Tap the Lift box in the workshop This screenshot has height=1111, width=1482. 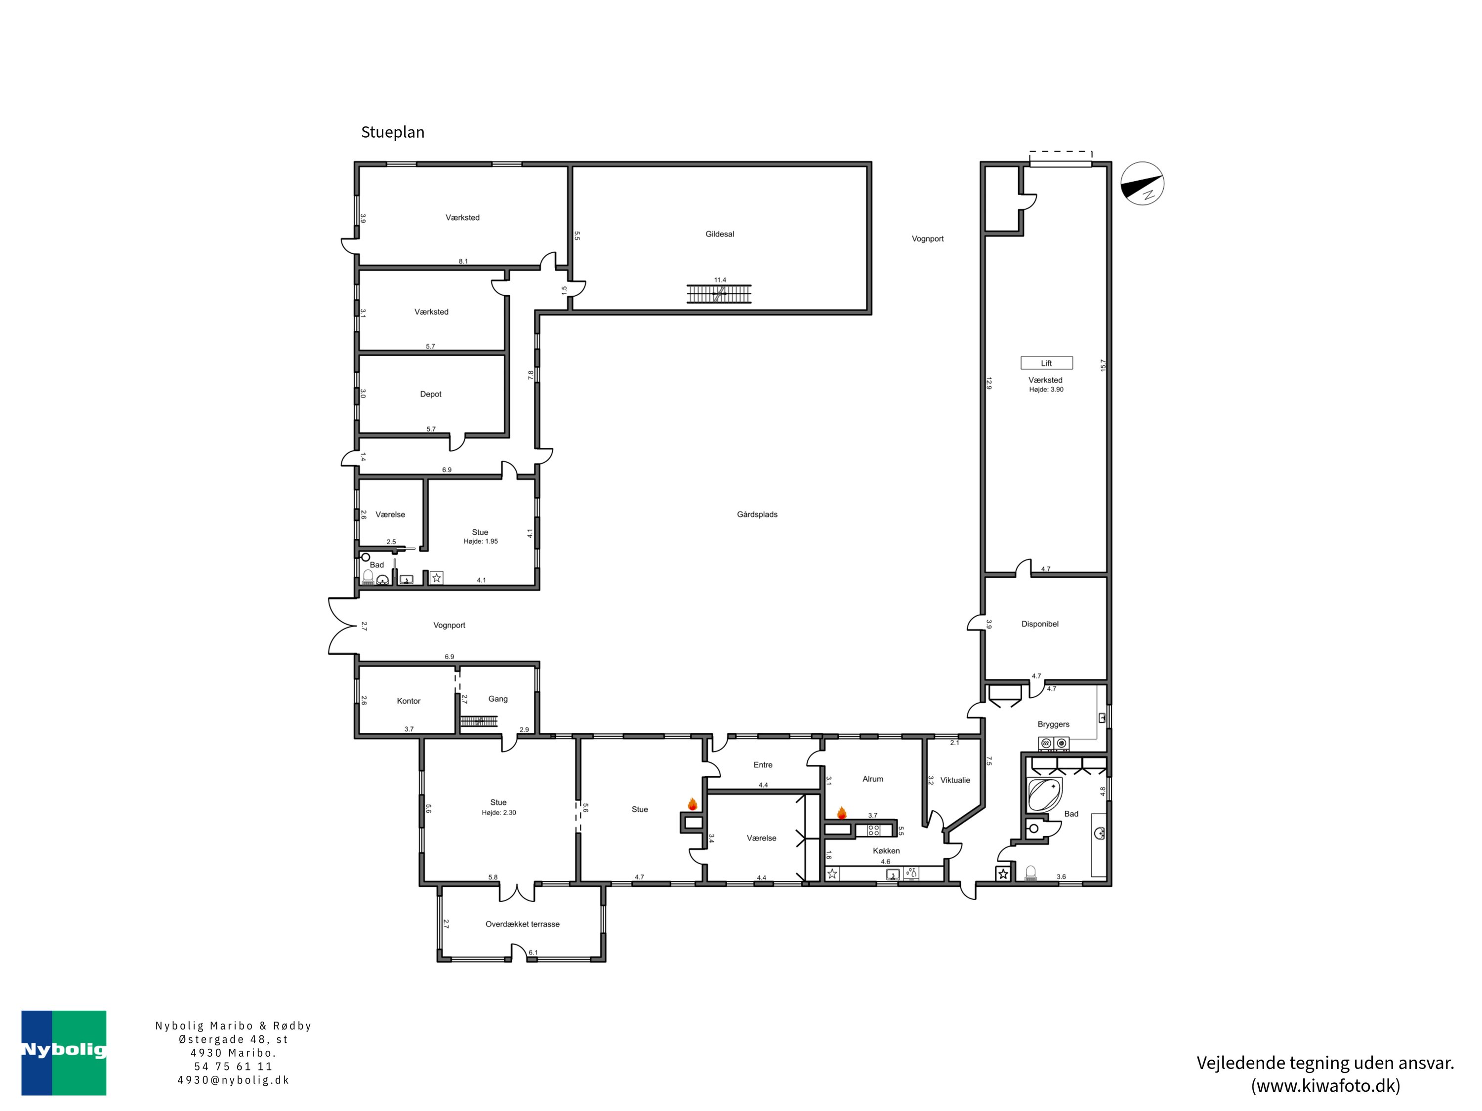tap(1046, 363)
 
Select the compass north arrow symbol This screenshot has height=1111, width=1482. tap(1142, 184)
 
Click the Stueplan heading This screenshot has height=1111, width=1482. tap(393, 132)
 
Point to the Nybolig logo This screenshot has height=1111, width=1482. tap(64, 1053)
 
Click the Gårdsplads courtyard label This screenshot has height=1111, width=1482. tap(757, 515)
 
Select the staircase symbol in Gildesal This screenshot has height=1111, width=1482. tap(719, 294)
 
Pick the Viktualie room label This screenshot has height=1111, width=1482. tap(955, 780)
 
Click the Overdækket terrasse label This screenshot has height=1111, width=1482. tap(523, 924)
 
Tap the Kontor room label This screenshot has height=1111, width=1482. tap(409, 701)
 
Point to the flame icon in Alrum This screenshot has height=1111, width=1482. tap(841, 813)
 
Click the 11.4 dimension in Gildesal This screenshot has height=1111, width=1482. tap(720, 280)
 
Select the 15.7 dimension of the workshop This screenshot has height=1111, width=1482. tap(1103, 365)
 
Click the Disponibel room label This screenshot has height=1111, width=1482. tap(1040, 624)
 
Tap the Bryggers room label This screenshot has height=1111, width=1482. tap(1053, 724)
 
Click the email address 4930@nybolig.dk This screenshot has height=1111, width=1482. tap(233, 1080)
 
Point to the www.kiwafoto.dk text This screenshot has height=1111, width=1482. tap(1325, 1085)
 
